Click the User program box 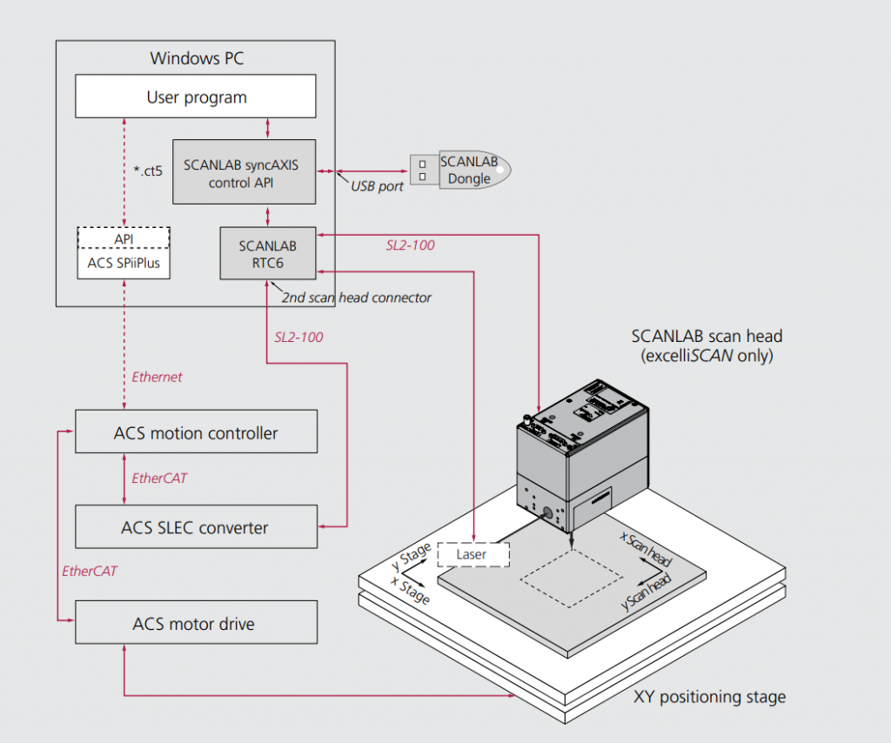(x=196, y=97)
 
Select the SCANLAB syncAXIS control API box (x=241, y=171)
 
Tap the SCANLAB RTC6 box (x=267, y=253)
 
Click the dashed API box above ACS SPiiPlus (x=124, y=238)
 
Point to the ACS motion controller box (x=196, y=432)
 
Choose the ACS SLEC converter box (x=196, y=527)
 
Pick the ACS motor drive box (x=196, y=623)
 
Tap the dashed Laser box (x=472, y=553)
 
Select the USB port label (x=377, y=186)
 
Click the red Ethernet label (x=157, y=377)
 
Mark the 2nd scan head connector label (x=356, y=298)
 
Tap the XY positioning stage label (x=709, y=697)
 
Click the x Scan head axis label (x=645, y=550)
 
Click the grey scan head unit (x=582, y=452)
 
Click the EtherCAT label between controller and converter (x=159, y=479)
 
